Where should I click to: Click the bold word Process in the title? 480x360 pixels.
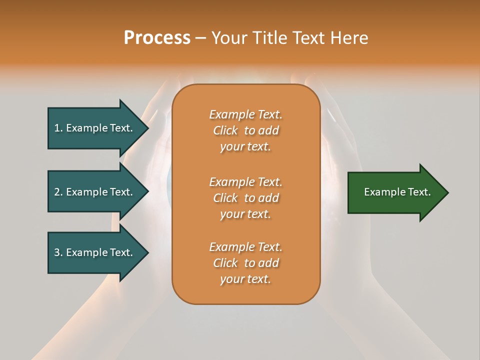point(157,38)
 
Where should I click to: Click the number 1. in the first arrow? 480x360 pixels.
point(58,128)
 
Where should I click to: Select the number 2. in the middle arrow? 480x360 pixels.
point(58,192)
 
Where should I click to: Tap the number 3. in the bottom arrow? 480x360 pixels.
point(58,252)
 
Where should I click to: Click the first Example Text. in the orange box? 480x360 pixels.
point(245,114)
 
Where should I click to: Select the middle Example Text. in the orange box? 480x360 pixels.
point(245,181)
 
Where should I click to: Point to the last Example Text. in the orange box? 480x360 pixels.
point(245,247)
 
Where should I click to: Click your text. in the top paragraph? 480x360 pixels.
point(245,147)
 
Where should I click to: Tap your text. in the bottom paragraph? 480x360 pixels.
point(245,279)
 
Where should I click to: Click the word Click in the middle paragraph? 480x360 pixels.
point(225,198)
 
